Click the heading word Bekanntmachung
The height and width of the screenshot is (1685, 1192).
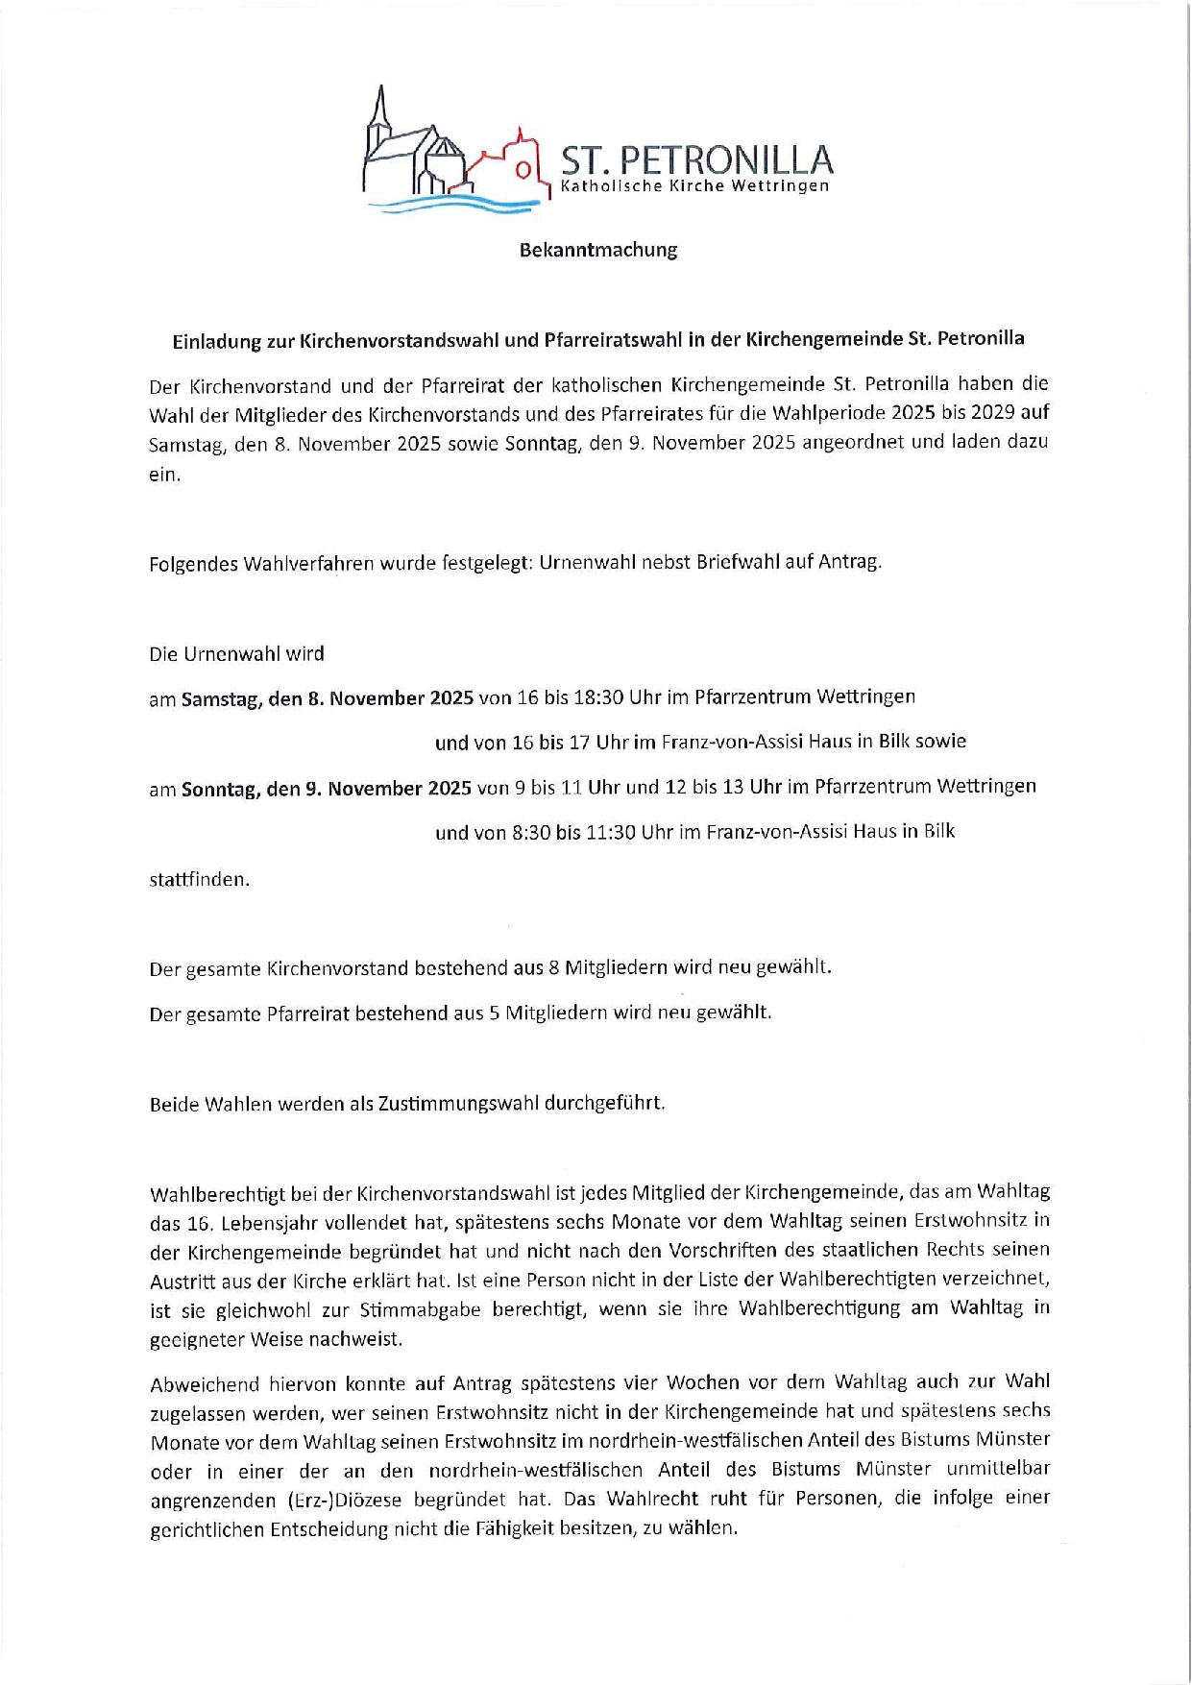597,250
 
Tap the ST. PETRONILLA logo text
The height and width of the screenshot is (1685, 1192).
695,160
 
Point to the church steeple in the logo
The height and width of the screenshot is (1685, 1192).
381,110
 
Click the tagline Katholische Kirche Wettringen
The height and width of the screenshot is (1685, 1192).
694,186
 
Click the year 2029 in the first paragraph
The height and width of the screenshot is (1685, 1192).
1005,413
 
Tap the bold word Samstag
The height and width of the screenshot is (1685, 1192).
221,698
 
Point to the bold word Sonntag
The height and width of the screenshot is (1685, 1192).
220,789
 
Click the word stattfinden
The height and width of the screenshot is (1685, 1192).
199,879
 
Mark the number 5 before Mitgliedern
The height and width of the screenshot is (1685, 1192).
494,1013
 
